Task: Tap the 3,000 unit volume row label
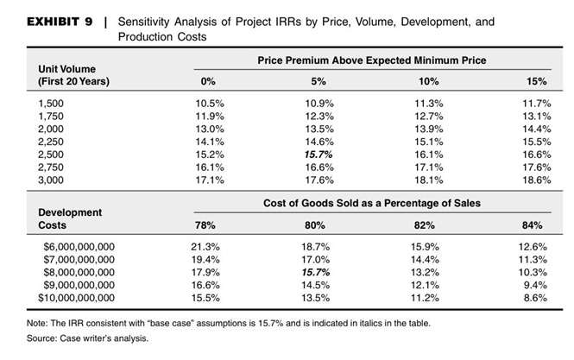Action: tap(52, 181)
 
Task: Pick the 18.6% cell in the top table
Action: tap(537, 181)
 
